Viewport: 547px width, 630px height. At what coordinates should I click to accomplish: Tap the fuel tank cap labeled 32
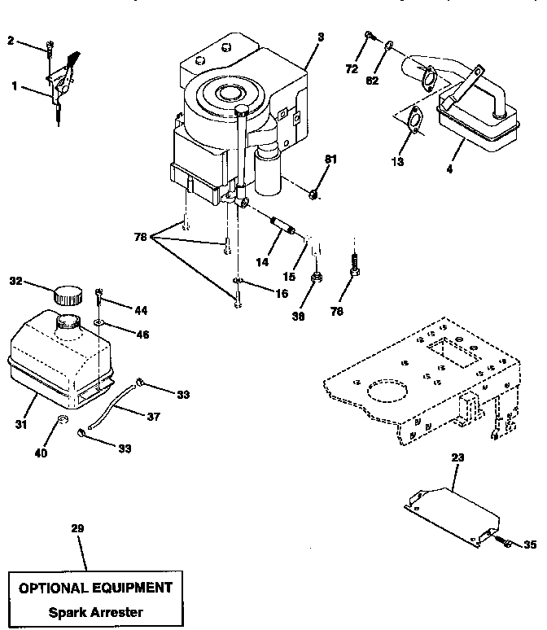(x=68, y=294)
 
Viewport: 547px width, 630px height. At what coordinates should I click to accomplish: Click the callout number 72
(x=351, y=71)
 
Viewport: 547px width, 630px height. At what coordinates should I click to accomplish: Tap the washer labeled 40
(x=62, y=422)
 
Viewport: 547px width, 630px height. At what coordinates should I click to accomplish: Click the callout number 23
(x=458, y=458)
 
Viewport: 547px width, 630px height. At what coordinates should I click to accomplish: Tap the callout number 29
(x=77, y=528)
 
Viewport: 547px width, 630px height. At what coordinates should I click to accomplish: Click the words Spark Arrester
(x=96, y=611)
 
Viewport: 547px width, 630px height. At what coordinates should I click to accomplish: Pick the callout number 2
(x=11, y=40)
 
